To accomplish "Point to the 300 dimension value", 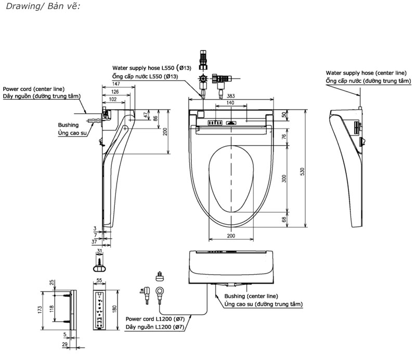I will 284,178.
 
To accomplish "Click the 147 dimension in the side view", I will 115,84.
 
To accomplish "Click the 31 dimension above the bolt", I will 99,252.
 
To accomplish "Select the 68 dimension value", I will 284,220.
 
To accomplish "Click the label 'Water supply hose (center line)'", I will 366,73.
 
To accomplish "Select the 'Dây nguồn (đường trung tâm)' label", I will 40,96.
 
